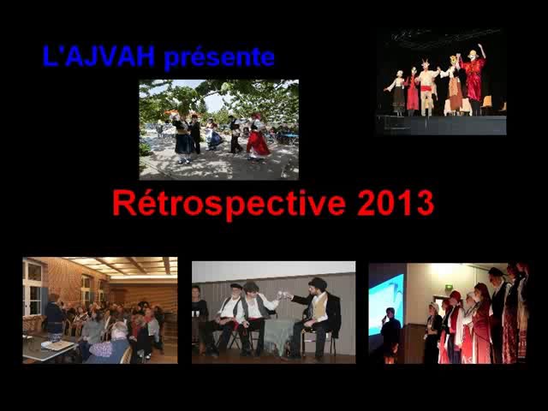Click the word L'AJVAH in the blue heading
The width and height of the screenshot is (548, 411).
click(98, 57)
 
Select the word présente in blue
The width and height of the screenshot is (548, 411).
click(219, 57)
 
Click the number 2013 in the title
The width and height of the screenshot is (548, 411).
click(395, 204)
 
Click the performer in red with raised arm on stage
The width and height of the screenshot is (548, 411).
click(472, 77)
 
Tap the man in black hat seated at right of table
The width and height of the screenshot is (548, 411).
click(319, 314)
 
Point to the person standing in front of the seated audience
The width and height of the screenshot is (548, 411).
click(54, 317)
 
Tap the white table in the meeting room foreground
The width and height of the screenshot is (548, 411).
click(47, 348)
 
